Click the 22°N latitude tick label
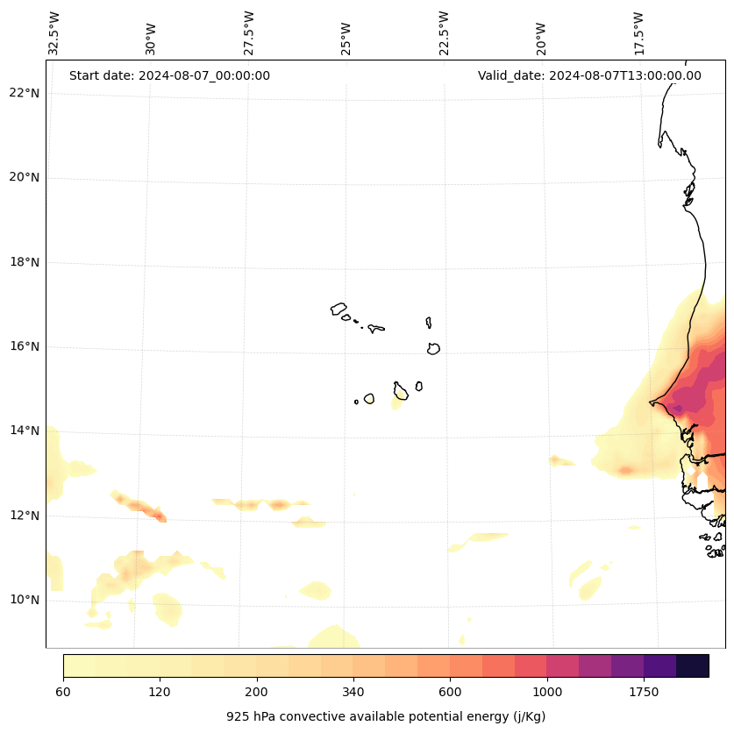(25, 93)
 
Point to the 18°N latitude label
(25, 262)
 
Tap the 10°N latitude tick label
(25, 600)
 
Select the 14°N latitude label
(25, 431)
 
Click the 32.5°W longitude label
(54, 33)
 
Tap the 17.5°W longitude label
(638, 33)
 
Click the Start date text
(169, 75)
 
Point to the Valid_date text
(589, 75)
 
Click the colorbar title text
(386, 716)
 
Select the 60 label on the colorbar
(63, 692)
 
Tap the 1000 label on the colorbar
(547, 692)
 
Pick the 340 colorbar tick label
(353, 692)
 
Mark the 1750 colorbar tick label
(644, 692)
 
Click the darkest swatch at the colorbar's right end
(693, 665)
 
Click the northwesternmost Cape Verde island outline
(338, 309)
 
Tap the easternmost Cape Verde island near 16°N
(433, 348)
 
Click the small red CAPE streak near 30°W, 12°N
(158, 516)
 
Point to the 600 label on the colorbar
(450, 692)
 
